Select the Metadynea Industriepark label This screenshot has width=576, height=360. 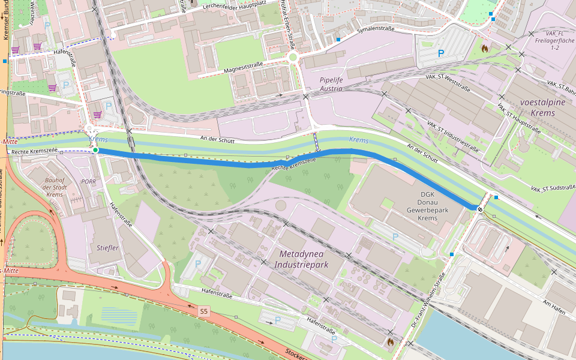(x=302, y=259)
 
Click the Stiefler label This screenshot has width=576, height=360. (x=107, y=247)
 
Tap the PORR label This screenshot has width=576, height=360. (x=88, y=181)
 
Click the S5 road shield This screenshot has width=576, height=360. (x=204, y=311)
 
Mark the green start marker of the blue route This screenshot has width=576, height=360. (x=95, y=149)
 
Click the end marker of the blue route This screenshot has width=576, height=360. (x=481, y=209)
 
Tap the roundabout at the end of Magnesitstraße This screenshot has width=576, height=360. (x=293, y=58)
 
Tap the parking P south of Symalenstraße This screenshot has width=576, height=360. (x=441, y=53)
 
